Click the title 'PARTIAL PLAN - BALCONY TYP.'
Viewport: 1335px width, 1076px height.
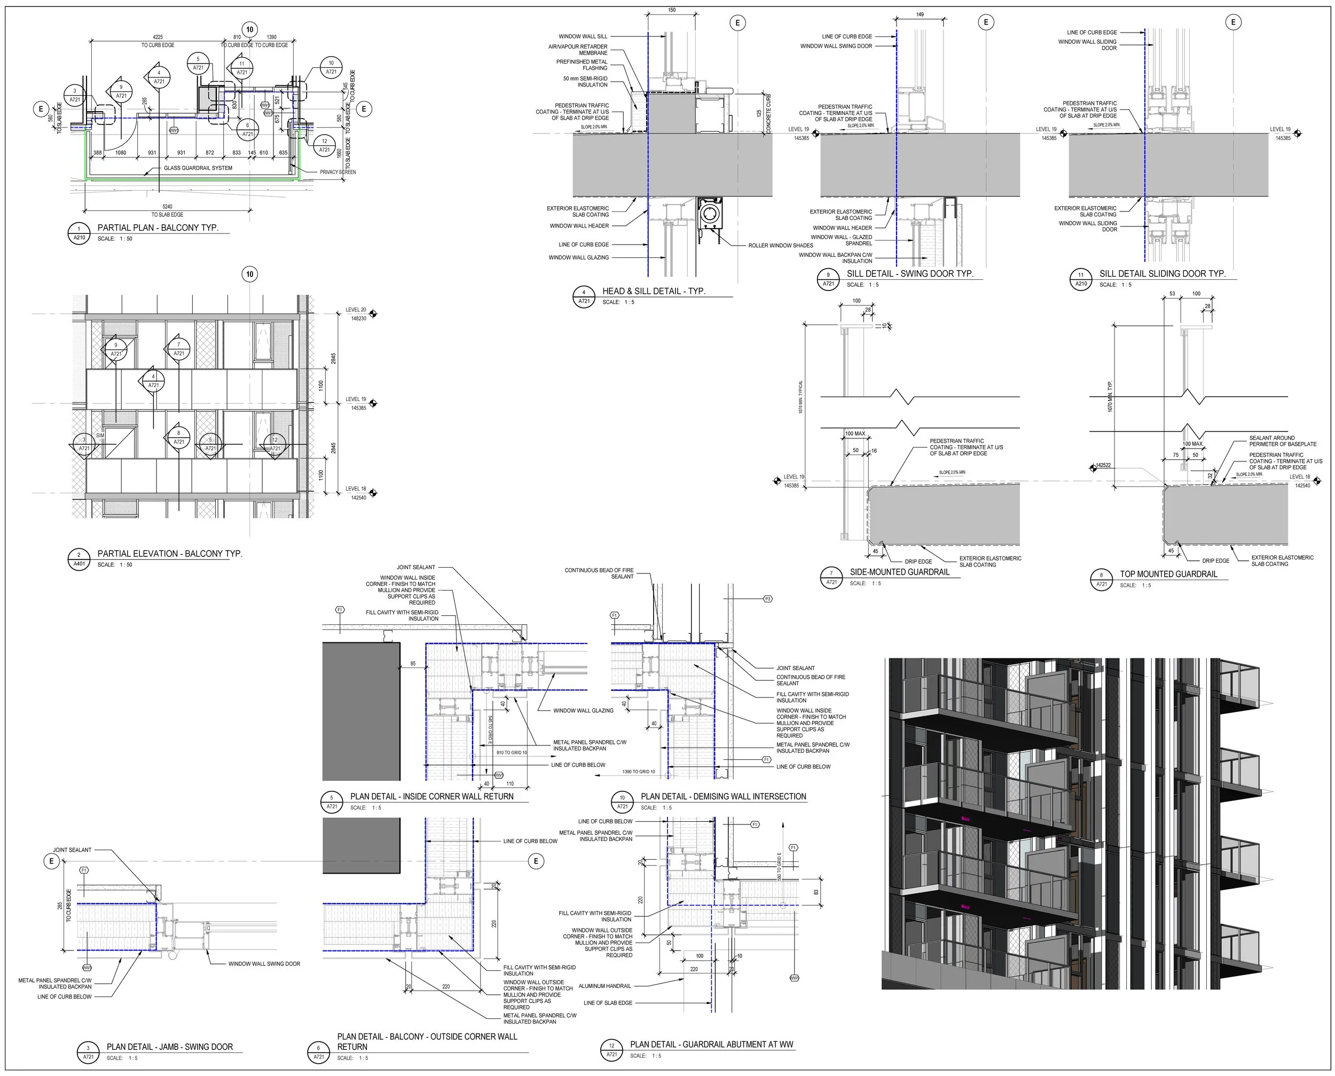point(158,227)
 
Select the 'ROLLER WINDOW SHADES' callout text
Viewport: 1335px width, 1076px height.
point(780,246)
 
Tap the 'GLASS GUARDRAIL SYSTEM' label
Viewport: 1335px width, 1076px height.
point(198,168)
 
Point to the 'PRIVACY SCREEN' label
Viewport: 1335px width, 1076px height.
point(338,172)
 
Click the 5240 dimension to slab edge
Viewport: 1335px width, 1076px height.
point(167,207)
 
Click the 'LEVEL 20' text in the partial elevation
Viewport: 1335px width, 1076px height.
point(356,310)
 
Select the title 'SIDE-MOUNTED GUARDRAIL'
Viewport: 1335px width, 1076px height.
point(899,572)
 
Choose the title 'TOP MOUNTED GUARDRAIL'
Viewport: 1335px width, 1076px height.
point(1168,574)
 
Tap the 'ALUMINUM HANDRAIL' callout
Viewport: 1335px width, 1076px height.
point(604,986)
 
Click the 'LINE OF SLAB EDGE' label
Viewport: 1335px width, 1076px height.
point(608,1003)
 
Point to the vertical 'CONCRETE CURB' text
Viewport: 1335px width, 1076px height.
point(768,113)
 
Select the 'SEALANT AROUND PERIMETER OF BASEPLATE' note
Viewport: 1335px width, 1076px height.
point(1282,441)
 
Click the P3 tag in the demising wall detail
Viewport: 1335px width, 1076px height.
point(768,599)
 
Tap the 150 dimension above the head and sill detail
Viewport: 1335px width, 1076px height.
point(672,11)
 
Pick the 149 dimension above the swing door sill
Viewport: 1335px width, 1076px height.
point(920,14)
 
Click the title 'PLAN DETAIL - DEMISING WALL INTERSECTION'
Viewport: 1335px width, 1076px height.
point(723,797)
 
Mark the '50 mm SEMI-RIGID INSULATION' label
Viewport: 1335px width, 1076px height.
point(585,82)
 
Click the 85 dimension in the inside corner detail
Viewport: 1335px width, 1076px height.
point(413,664)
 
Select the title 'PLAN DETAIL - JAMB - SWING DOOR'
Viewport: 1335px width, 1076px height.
point(169,1047)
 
